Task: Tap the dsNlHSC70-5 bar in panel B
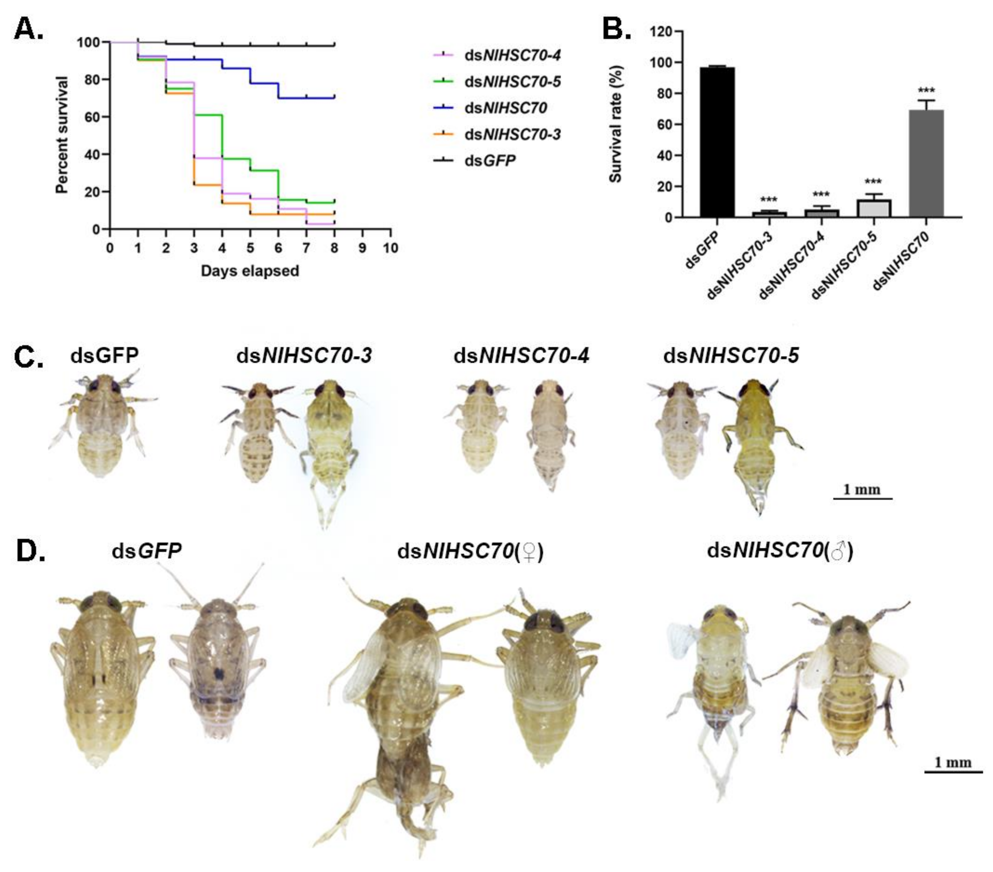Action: pos(874,208)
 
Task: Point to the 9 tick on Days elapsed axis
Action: pos(362,248)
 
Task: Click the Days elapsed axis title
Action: pos(250,270)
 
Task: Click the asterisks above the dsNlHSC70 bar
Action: pos(926,91)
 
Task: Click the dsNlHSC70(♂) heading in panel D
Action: pos(780,551)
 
